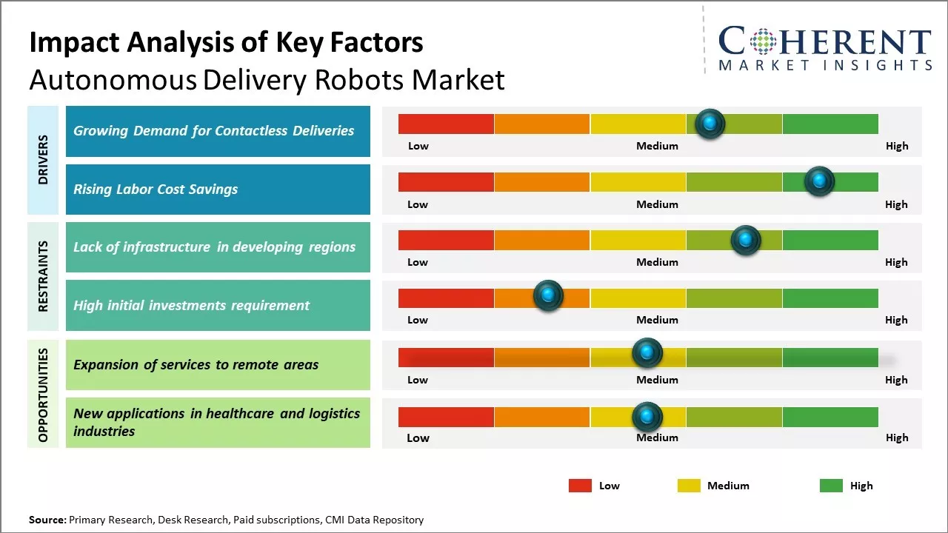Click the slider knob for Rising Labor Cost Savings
pyautogui.click(x=819, y=181)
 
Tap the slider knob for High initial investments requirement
pyautogui.click(x=548, y=296)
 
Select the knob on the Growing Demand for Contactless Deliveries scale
pyautogui.click(x=710, y=124)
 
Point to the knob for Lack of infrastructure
pyautogui.click(x=745, y=240)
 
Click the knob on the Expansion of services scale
pyautogui.click(x=647, y=353)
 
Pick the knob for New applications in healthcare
pyautogui.click(x=647, y=417)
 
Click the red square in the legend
pyautogui.click(x=580, y=486)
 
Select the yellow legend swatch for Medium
pyautogui.click(x=689, y=486)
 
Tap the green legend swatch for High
pyautogui.click(x=831, y=486)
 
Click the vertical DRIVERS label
pyautogui.click(x=43, y=159)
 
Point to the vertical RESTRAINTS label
pyautogui.click(x=43, y=276)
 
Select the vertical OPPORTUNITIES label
pyautogui.click(x=43, y=395)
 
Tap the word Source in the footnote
pyautogui.click(x=47, y=520)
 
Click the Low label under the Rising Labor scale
pyautogui.click(x=418, y=204)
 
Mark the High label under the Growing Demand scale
pyautogui.click(x=897, y=146)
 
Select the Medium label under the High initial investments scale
pyautogui.click(x=657, y=320)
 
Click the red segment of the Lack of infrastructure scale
pyautogui.click(x=446, y=240)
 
